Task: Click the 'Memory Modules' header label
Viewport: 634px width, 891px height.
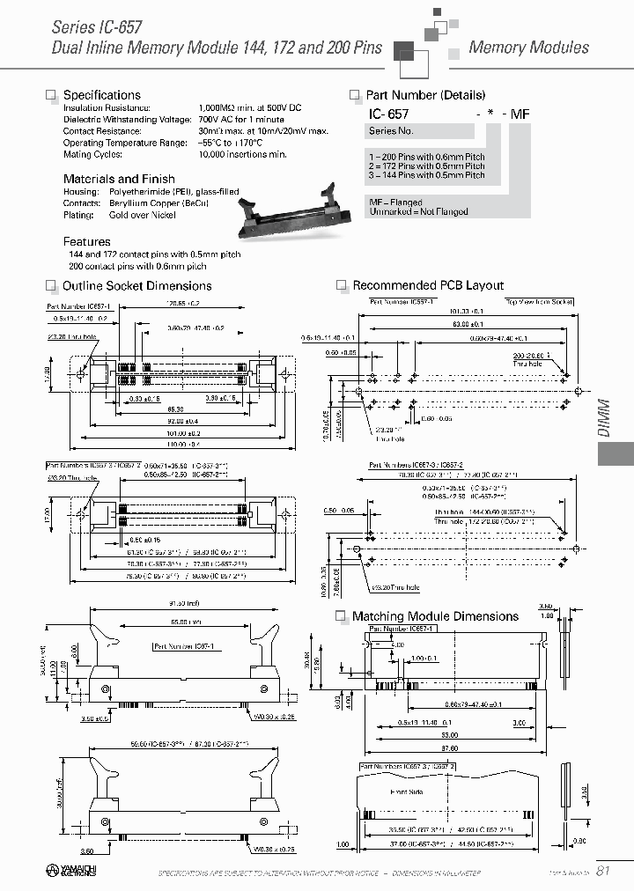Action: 528,47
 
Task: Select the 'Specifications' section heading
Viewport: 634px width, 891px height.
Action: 102,95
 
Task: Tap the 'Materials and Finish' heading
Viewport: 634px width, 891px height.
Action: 119,179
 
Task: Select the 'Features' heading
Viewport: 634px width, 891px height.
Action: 87,241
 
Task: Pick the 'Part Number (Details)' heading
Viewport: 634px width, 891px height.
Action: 425,95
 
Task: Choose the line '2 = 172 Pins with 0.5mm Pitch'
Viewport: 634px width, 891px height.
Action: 427,166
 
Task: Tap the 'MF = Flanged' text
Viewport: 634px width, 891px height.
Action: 396,202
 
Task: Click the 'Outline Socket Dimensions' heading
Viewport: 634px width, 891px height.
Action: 136,286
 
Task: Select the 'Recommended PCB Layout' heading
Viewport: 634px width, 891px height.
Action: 428,285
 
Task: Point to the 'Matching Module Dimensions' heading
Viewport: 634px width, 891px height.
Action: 435,616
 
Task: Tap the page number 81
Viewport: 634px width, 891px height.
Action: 603,872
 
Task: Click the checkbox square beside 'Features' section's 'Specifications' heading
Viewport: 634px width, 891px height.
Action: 51,95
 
